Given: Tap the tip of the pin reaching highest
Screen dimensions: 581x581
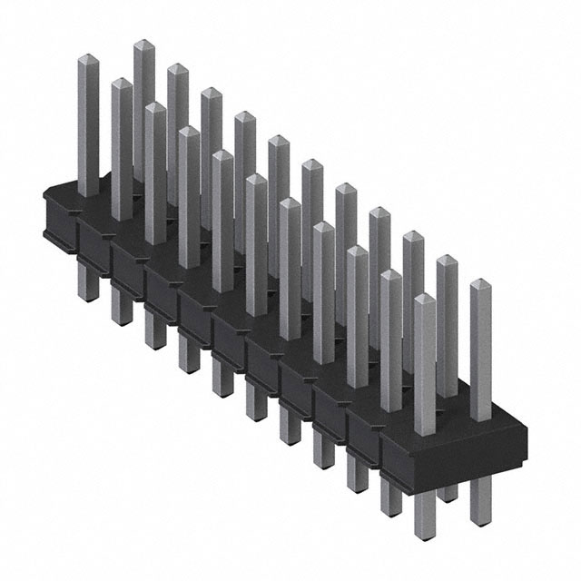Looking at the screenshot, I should point(143,44).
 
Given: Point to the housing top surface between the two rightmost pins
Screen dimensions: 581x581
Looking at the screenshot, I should point(454,410).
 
